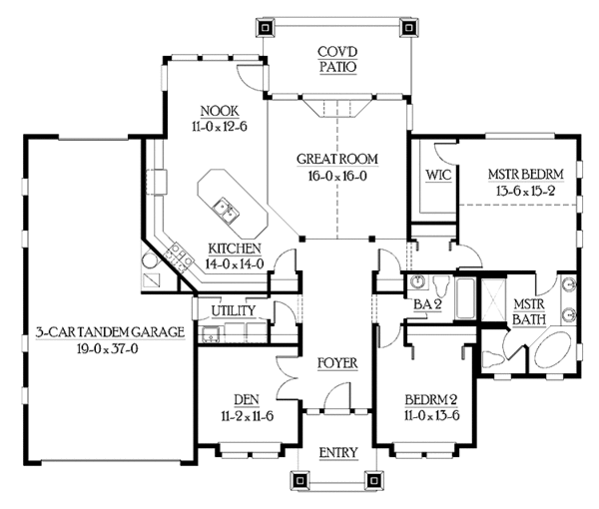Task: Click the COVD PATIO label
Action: (x=338, y=59)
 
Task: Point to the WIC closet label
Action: (x=436, y=174)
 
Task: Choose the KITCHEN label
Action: (x=235, y=249)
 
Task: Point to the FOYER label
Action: (x=338, y=361)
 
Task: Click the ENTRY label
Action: (x=338, y=453)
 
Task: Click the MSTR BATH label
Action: (x=527, y=311)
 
